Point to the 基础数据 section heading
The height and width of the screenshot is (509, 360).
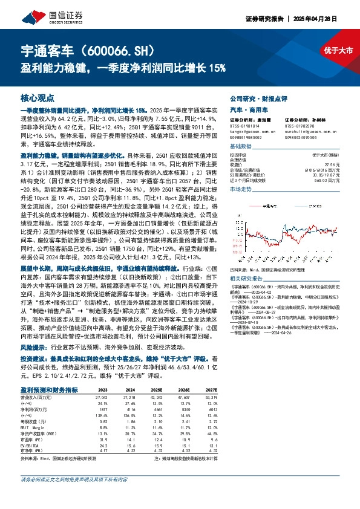point(242,148)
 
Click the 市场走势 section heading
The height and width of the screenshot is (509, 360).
point(242,190)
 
